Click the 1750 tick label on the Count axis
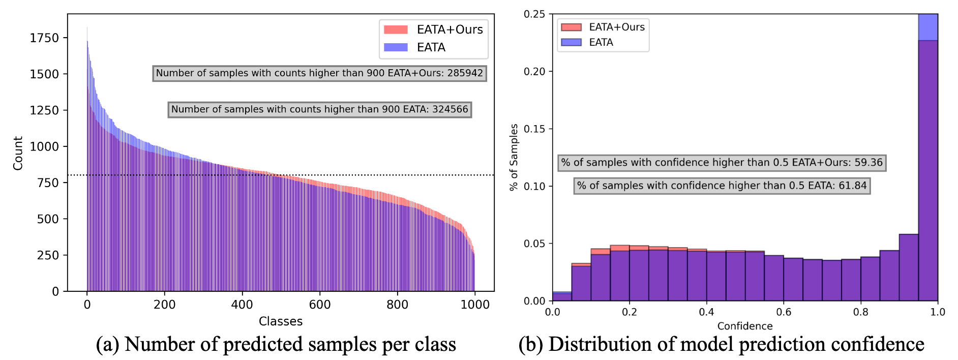tap(44, 38)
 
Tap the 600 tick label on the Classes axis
tap(320, 305)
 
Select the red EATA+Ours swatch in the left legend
tap(396, 29)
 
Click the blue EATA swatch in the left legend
tap(396, 47)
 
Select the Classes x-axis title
tap(281, 321)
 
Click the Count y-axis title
tap(18, 153)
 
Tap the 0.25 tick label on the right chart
tap(534, 14)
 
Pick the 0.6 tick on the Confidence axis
tap(784, 312)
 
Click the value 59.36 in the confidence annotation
tap(869, 163)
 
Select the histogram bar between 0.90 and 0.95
tap(909, 267)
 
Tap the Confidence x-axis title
tap(745, 326)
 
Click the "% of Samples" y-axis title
tap(514, 157)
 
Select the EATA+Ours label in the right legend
tap(616, 27)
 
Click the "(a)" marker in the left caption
tap(107, 345)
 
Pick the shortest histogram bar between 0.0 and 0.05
tap(562, 296)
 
